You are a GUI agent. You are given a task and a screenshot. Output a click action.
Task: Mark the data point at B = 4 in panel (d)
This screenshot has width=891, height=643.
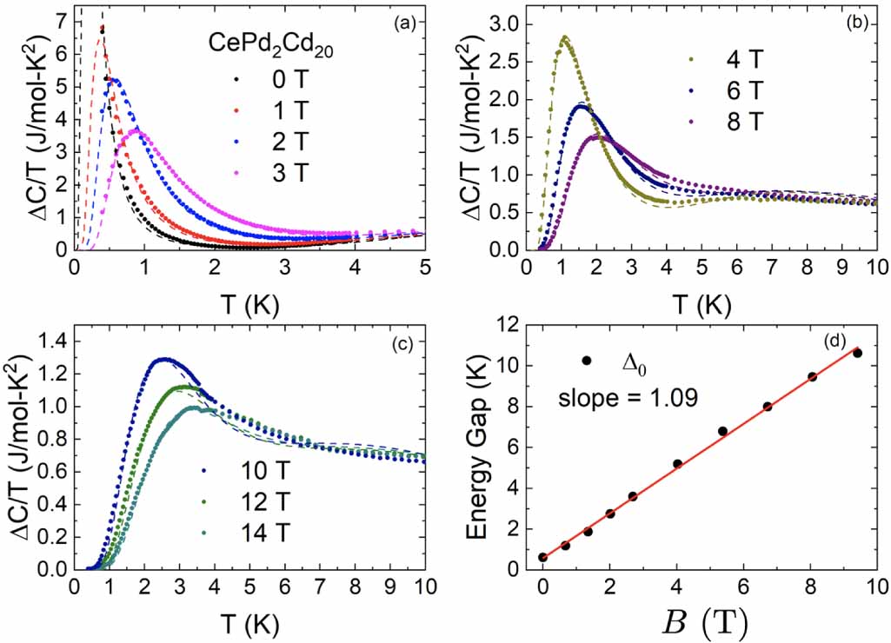pos(677,464)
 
